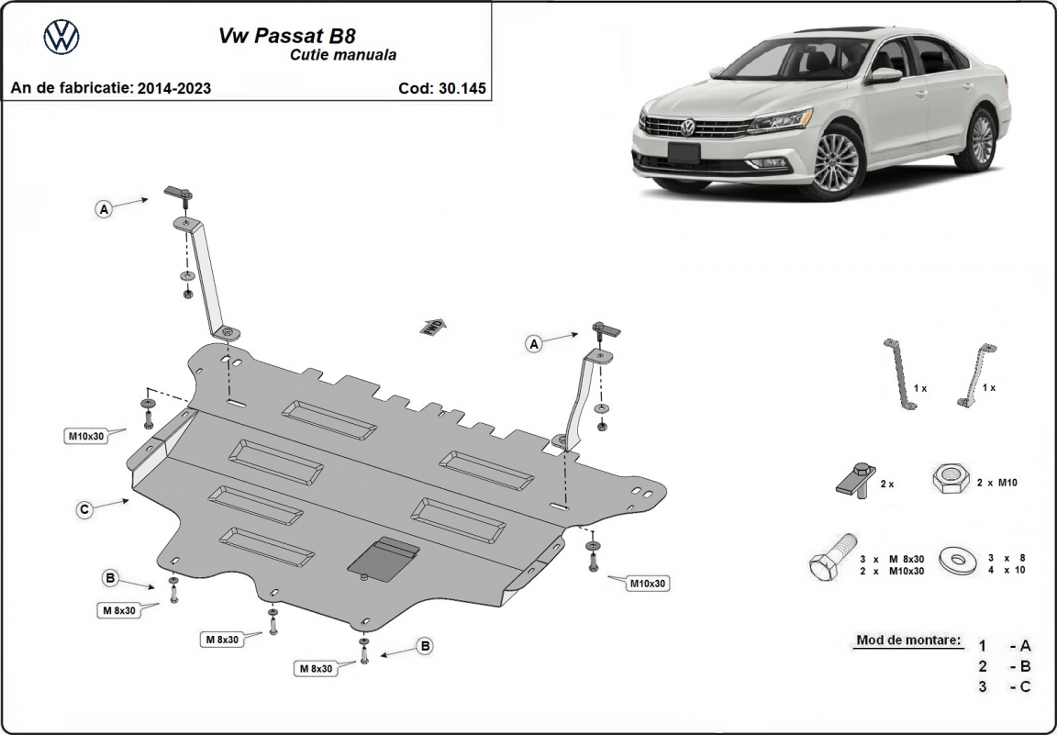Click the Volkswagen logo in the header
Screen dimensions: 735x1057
click(61, 38)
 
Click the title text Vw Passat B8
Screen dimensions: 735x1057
click(287, 36)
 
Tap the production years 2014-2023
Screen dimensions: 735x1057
click(173, 88)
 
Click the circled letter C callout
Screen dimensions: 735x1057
click(83, 508)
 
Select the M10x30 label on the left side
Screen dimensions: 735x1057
click(85, 436)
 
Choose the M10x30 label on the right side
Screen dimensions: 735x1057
click(648, 583)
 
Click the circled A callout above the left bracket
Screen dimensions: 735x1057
click(105, 210)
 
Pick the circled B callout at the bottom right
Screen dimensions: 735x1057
click(425, 647)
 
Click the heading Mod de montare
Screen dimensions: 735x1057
click(909, 640)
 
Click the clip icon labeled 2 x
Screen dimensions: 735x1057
click(853, 479)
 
